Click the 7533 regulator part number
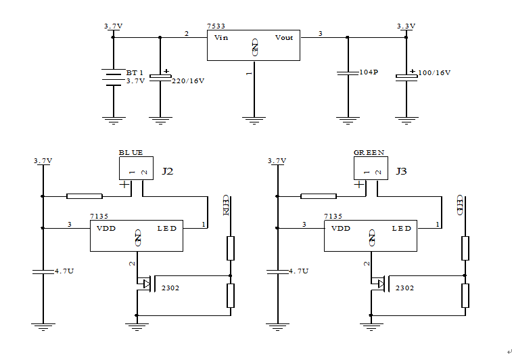point(216,26)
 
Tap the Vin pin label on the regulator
point(221,38)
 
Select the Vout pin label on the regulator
point(284,38)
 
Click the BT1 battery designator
point(135,72)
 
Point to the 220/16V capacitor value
point(188,81)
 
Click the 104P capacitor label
point(369,72)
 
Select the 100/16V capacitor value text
point(434,72)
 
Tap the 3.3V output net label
point(406,26)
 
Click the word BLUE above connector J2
point(131,152)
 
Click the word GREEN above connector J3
point(369,152)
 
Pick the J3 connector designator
point(402,172)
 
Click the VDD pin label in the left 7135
point(106,229)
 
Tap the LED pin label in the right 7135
point(402,229)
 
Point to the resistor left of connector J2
point(85,196)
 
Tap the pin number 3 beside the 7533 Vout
point(320,33)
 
